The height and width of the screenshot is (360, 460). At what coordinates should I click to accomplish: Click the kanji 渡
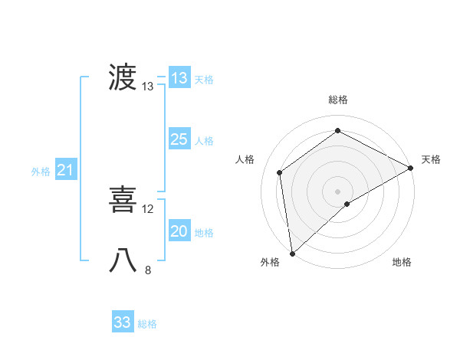pyautogui.click(x=123, y=78)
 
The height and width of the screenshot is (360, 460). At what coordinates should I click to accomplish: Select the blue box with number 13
pyautogui.click(x=179, y=78)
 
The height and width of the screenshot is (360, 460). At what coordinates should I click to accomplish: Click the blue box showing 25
pyautogui.click(x=179, y=139)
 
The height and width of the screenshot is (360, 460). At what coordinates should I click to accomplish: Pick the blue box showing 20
pyautogui.click(x=179, y=231)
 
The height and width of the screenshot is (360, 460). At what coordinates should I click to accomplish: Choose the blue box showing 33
pyautogui.click(x=123, y=322)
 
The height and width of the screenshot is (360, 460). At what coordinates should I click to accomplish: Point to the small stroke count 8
pyautogui.click(x=148, y=270)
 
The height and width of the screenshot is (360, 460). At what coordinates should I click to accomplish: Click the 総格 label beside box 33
pyautogui.click(x=147, y=324)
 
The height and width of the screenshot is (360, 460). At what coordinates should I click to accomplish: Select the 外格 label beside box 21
pyautogui.click(x=41, y=172)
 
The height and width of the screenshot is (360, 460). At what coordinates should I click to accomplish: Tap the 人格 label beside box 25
pyautogui.click(x=204, y=141)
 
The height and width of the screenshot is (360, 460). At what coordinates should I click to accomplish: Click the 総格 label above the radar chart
pyautogui.click(x=337, y=100)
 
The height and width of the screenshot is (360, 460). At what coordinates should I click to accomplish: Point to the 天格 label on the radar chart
pyautogui.click(x=431, y=159)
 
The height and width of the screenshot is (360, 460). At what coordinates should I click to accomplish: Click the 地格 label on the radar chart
pyautogui.click(x=402, y=263)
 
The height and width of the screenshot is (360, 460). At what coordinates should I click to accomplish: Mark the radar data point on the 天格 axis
pyautogui.click(x=411, y=168)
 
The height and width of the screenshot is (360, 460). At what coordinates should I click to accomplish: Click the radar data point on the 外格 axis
pyautogui.click(x=292, y=254)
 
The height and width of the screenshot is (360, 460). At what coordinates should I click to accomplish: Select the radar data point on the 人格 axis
pyautogui.click(x=280, y=172)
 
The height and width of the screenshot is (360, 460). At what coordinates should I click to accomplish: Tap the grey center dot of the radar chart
pyautogui.click(x=337, y=191)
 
